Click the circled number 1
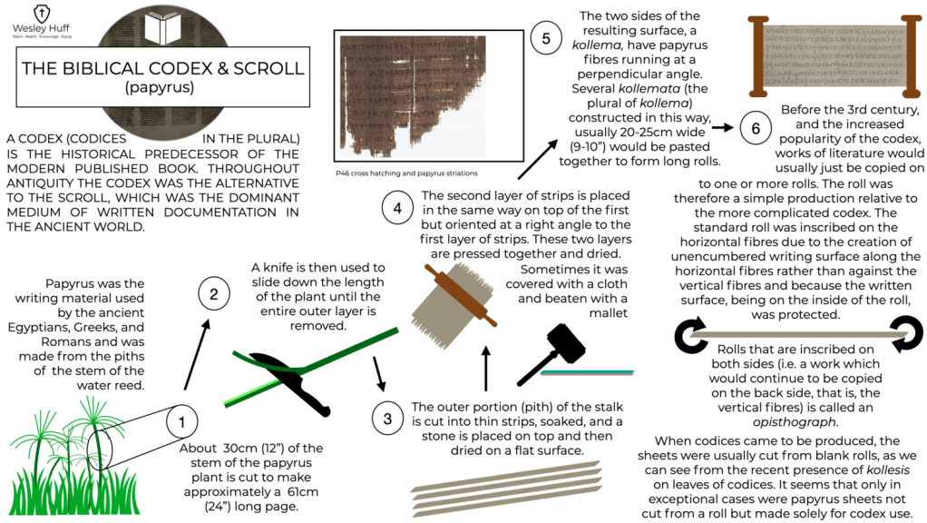pyautogui.click(x=181, y=422)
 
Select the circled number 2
pyautogui.click(x=213, y=294)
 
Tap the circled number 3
pyautogui.click(x=387, y=419)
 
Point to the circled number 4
pyautogui.click(x=397, y=208)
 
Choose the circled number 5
pyautogui.click(x=546, y=38)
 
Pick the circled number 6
pyautogui.click(x=756, y=128)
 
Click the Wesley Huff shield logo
pyautogui.click(x=42, y=13)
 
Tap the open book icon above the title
pyautogui.click(x=163, y=29)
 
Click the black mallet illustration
pyautogui.click(x=551, y=354)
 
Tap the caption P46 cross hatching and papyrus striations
pyautogui.click(x=406, y=173)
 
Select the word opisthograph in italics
pyautogui.click(x=795, y=422)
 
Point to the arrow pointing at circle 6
pyautogui.click(x=722, y=127)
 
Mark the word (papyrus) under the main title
pyautogui.click(x=159, y=87)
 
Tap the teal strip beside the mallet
pyautogui.click(x=587, y=372)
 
